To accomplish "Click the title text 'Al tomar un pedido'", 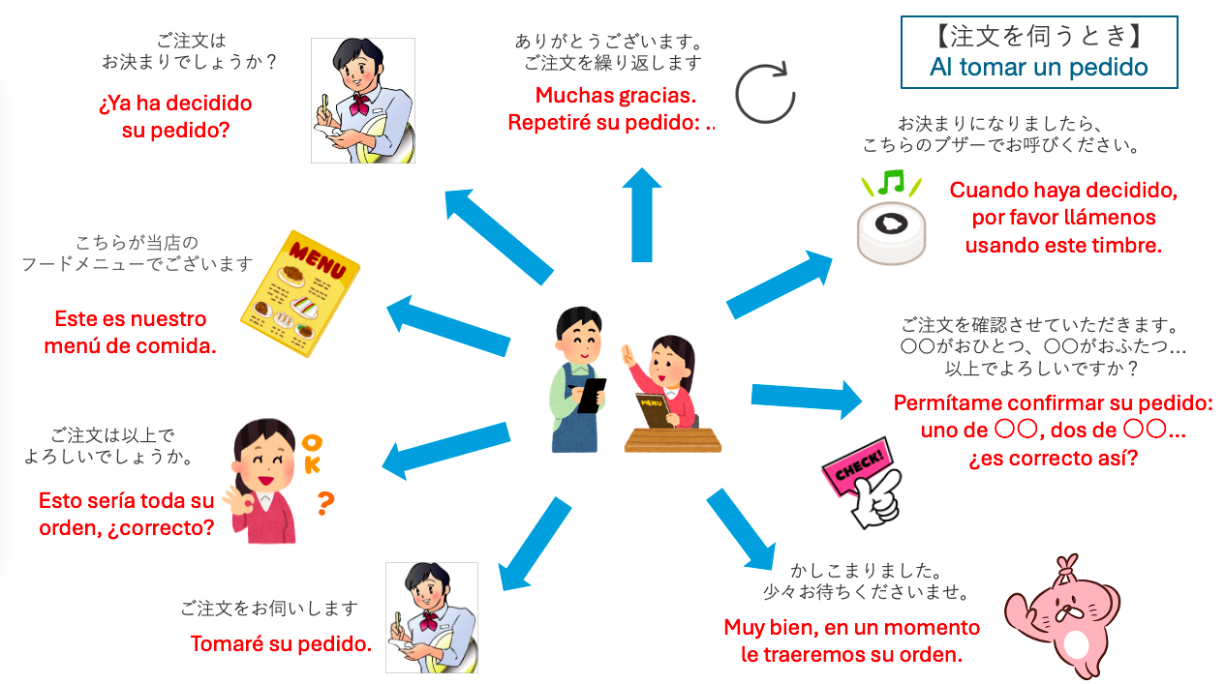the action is [x=1038, y=67].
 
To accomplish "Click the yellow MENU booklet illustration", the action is [x=300, y=294].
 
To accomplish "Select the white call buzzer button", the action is [x=891, y=233].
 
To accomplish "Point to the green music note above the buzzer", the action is [x=891, y=181].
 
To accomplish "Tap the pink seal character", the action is [x=1062, y=617].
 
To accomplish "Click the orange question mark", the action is [x=325, y=503].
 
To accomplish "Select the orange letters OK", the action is [x=312, y=454].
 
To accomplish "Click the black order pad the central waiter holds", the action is [x=592, y=395].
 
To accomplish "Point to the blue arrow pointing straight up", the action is [x=642, y=215].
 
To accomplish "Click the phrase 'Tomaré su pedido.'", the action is [x=281, y=643].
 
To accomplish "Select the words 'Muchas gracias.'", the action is [x=616, y=95].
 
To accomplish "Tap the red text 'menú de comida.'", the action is [x=130, y=345].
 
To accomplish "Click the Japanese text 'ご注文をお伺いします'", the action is [x=269, y=609].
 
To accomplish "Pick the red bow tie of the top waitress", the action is [x=359, y=104].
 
